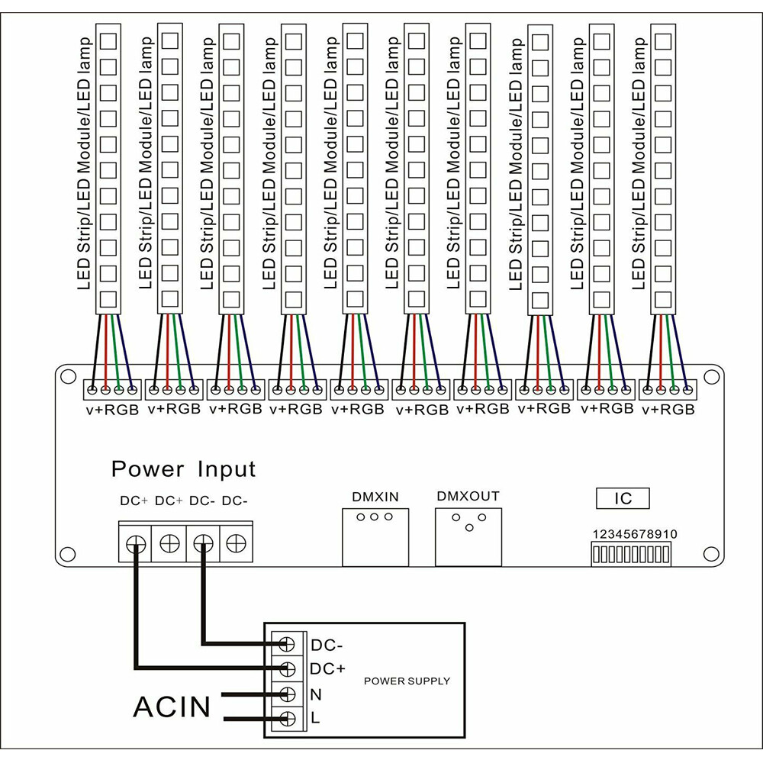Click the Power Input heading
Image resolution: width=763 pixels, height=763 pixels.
click(x=183, y=468)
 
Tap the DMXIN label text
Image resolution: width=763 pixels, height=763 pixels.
click(x=375, y=497)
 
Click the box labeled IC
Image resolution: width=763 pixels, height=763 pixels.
click(x=623, y=498)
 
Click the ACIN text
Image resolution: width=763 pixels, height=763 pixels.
click(x=172, y=707)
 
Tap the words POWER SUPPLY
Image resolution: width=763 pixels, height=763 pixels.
click(x=407, y=681)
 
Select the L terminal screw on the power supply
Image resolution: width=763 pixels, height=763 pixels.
click(x=288, y=718)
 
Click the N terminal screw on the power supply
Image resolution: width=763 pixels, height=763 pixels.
click(x=288, y=694)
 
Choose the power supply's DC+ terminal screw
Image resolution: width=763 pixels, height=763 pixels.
click(x=288, y=669)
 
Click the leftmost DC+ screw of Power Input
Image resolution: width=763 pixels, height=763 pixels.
click(x=136, y=543)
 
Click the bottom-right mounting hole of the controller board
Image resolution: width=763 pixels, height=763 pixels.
click(x=712, y=552)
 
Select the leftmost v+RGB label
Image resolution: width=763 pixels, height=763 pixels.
click(x=112, y=409)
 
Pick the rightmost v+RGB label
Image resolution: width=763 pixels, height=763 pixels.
click(x=668, y=409)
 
